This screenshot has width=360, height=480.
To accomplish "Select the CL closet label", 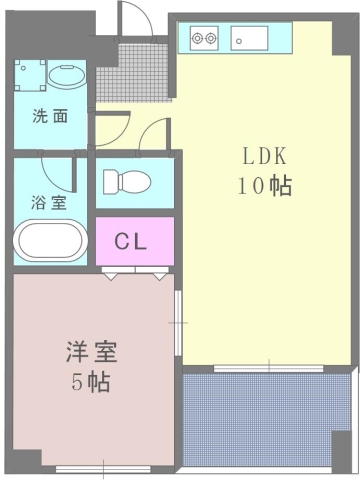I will coord(133,241).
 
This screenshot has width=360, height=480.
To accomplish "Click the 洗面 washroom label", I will coord(50,115).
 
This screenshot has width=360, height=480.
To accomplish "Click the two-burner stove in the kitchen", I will coord(204,40).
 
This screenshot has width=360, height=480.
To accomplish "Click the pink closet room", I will coord(133,241).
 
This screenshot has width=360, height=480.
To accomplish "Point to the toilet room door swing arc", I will coord(150,132).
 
